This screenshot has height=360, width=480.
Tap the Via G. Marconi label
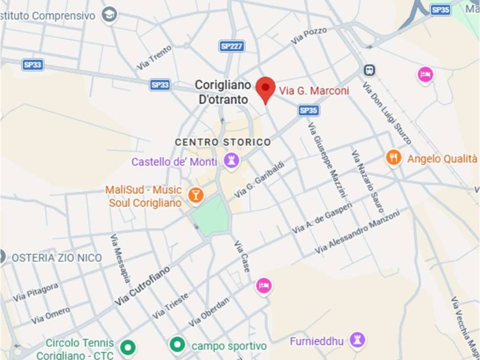pyautogui.click(x=314, y=91)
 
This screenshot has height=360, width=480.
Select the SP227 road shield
pyautogui.click(x=232, y=46)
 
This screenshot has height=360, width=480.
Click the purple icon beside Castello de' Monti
pyautogui.click(x=231, y=161)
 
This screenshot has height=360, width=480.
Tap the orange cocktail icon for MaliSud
pyautogui.click(x=195, y=195)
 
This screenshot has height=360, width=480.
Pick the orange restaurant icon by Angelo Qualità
pyautogui.click(x=394, y=158)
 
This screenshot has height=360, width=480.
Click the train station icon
pyautogui.click(x=369, y=70)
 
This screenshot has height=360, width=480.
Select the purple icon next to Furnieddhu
pyautogui.click(x=358, y=340)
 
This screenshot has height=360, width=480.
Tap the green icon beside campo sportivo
pyautogui.click(x=177, y=346)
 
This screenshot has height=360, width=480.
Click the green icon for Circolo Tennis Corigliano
pyautogui.click(x=127, y=348)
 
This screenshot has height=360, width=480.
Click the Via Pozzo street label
pyautogui.click(x=308, y=36)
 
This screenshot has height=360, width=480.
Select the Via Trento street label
pyautogui.click(x=154, y=58)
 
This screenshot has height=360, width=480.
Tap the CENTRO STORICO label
pyautogui.click(x=223, y=142)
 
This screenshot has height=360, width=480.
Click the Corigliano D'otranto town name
pyautogui.click(x=223, y=92)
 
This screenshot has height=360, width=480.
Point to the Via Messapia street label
pyautogui.click(x=120, y=258)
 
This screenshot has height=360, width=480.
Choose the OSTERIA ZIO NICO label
pyautogui.click(x=57, y=258)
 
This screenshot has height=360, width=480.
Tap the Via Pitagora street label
pyautogui.click(x=36, y=292)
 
